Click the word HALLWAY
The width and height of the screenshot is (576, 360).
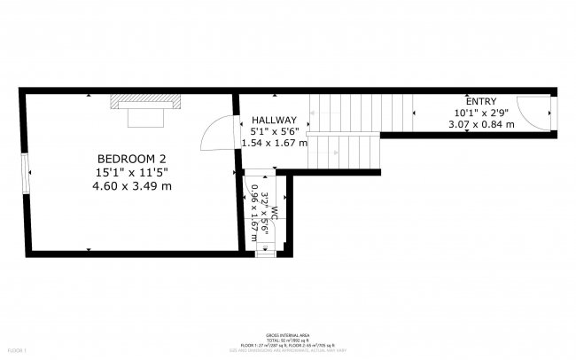274,120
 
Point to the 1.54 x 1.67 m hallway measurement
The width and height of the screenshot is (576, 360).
274,143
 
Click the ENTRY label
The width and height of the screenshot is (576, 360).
481,101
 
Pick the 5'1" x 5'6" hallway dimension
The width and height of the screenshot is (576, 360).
274,131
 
